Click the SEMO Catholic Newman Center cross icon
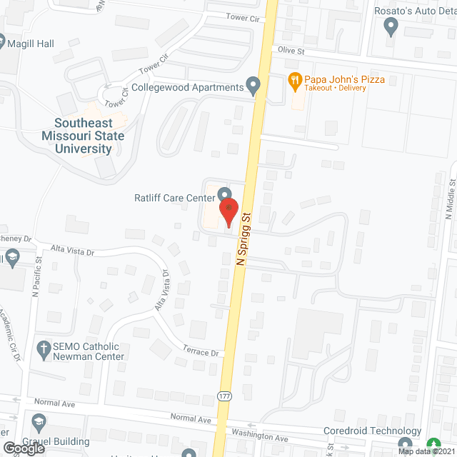click(42, 350)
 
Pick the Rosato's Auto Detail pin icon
click(390, 27)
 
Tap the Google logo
click(24, 448)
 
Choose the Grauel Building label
click(55, 441)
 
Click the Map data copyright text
click(426, 451)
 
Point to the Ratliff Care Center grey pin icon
click(224, 194)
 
